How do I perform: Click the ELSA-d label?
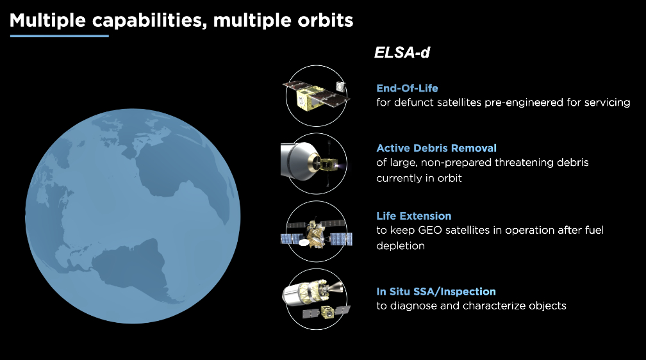coord(402,53)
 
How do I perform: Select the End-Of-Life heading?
coord(407,88)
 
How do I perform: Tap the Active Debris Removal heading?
coord(436,148)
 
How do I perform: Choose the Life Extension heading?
coord(413,216)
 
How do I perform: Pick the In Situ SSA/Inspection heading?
coord(436,291)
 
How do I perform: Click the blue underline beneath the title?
coord(60,36)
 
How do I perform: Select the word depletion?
coord(400,246)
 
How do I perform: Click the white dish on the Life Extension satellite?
coord(304,243)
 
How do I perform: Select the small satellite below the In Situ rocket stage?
coord(327,313)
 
